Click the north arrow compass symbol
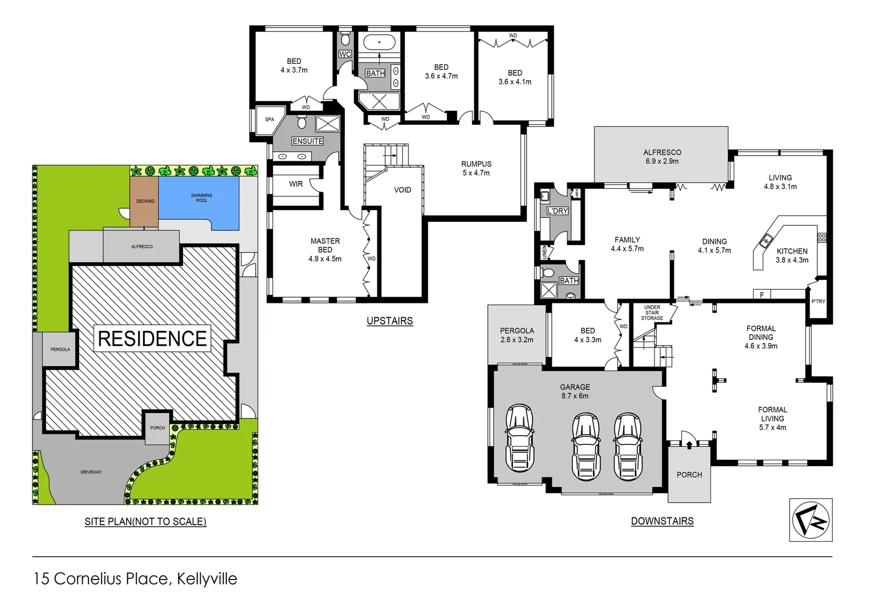(x=811, y=520)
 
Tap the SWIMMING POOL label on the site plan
(x=201, y=198)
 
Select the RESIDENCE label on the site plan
(x=152, y=339)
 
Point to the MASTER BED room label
(x=325, y=250)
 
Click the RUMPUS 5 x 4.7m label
(x=476, y=168)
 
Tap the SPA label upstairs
(x=270, y=120)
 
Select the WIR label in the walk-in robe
(x=296, y=184)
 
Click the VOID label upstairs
(x=402, y=190)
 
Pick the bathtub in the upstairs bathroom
(x=380, y=43)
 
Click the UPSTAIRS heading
(x=389, y=321)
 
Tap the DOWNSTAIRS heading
(x=662, y=521)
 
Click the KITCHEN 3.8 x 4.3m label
(x=792, y=256)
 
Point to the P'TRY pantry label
(x=818, y=301)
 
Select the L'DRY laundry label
(x=557, y=211)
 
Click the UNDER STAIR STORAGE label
(x=652, y=313)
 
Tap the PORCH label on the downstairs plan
(x=689, y=475)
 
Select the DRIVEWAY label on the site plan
(x=91, y=472)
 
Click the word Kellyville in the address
(x=207, y=578)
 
